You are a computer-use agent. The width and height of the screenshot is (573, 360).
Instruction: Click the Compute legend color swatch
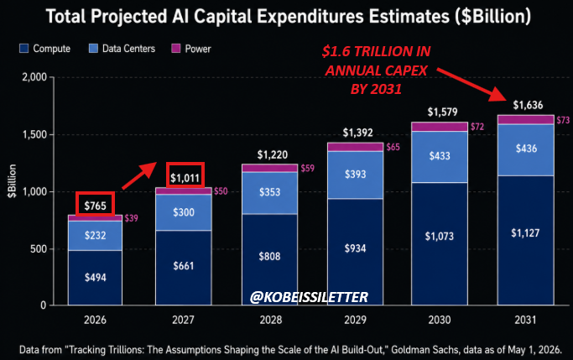(24, 49)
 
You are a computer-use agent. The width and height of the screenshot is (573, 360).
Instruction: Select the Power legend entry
(191, 49)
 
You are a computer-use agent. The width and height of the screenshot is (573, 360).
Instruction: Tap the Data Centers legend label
(128, 49)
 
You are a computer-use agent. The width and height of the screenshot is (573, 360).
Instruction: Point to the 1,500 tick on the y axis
(34, 134)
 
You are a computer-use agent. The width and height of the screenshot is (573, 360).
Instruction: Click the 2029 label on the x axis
(355, 320)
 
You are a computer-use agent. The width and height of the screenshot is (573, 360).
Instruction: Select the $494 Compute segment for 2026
(95, 278)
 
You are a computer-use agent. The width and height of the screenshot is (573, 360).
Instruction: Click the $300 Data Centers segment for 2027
(184, 212)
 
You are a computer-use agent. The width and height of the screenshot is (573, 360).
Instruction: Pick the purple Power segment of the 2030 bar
(440, 127)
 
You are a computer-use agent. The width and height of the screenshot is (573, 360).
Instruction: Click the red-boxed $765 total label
(96, 204)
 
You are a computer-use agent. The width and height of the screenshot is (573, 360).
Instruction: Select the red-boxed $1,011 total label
(185, 175)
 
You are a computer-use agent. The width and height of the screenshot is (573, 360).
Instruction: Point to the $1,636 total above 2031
(528, 105)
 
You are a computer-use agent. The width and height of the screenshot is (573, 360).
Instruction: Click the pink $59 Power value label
(307, 168)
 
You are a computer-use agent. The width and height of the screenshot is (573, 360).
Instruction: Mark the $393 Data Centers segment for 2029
(355, 175)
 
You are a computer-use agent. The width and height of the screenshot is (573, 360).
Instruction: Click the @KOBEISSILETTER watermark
(310, 297)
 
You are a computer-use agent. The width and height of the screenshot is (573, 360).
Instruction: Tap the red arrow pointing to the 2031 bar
(471, 84)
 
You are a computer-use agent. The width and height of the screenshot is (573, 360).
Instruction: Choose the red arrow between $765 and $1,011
(139, 175)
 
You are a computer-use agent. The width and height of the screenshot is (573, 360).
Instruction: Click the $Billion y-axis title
(12, 181)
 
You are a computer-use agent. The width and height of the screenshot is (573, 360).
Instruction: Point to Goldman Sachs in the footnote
(425, 350)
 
